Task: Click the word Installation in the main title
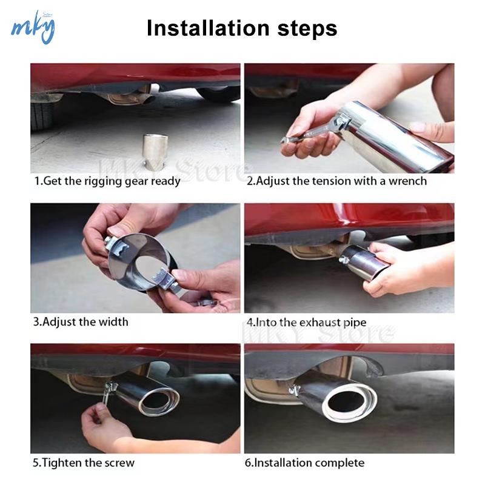[x=207, y=28]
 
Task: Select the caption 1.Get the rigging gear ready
[x=107, y=181]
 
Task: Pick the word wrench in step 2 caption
[x=407, y=181]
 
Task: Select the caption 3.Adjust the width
[x=81, y=322]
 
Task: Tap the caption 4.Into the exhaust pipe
[x=306, y=323]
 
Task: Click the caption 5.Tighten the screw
[x=84, y=463]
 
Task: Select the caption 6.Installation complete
[x=305, y=463]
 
